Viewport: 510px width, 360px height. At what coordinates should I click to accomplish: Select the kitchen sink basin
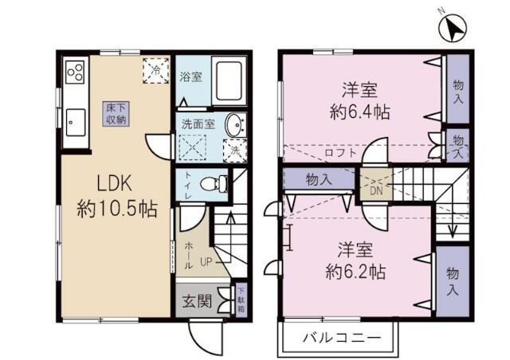click(x=77, y=121)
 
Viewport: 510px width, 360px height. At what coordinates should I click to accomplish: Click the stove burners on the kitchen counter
click(x=76, y=72)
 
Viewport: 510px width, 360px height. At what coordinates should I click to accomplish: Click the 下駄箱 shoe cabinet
click(x=241, y=300)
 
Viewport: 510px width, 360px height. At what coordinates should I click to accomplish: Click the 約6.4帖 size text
click(x=359, y=112)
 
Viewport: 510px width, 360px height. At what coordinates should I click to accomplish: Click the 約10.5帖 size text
click(x=116, y=209)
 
